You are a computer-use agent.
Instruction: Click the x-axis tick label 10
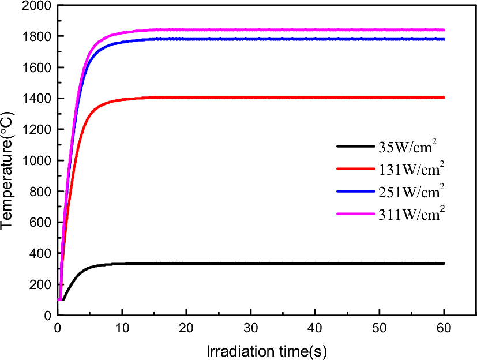122,328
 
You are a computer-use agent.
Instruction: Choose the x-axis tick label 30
250,328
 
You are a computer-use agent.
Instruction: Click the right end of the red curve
444,97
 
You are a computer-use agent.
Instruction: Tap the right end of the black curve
444,263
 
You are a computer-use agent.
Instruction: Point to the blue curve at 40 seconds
315,39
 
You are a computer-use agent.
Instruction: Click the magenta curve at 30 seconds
250,30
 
